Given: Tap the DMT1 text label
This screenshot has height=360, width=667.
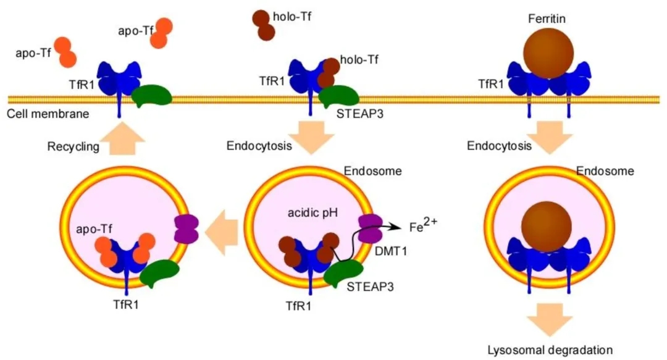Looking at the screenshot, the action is tap(391, 251).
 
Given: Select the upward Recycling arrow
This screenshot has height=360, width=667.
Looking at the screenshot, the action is tap(124, 138).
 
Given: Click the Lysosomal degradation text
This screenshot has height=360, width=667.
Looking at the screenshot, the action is tap(550, 350).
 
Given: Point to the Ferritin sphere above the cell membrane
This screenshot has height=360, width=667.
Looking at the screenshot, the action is tap(548, 53).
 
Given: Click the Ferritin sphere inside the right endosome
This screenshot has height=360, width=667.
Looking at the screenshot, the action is tap(546, 227).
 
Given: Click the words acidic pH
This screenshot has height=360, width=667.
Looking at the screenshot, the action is tap(313, 212).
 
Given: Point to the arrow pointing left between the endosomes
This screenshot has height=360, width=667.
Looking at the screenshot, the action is tap(221, 233).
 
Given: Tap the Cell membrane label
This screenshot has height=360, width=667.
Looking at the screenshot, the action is tap(48, 114).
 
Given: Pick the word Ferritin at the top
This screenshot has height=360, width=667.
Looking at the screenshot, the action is tap(547, 19).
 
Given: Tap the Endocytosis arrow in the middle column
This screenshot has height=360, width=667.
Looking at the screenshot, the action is tap(313, 137).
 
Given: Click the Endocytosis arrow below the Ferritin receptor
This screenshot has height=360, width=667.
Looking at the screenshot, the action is tap(549, 137).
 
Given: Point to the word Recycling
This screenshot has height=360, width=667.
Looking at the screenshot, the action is tap(73, 147).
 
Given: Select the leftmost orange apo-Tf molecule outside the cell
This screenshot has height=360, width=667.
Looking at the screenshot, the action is tap(65, 52).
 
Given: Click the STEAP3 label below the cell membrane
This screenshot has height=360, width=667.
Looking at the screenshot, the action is tap(360, 114).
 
